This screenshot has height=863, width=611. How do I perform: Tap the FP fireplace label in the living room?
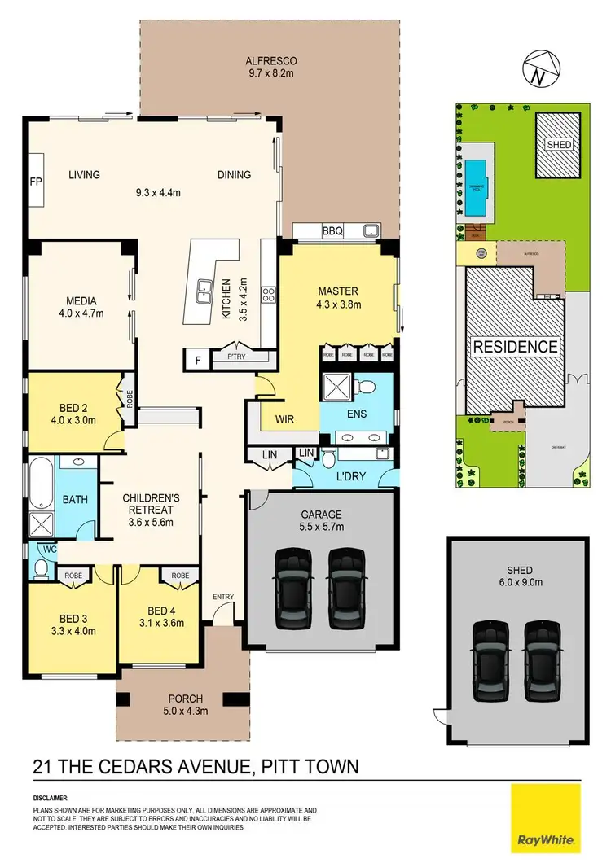35,181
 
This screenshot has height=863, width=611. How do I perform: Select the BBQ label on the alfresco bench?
332,231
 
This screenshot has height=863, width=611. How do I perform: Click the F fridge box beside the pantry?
196,358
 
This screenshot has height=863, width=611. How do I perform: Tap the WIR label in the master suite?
284,420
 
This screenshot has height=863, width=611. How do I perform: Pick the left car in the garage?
292,588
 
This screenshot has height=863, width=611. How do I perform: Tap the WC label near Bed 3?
49,549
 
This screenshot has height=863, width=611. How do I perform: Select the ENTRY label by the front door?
223,597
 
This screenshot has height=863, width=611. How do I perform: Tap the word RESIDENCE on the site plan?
516,346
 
